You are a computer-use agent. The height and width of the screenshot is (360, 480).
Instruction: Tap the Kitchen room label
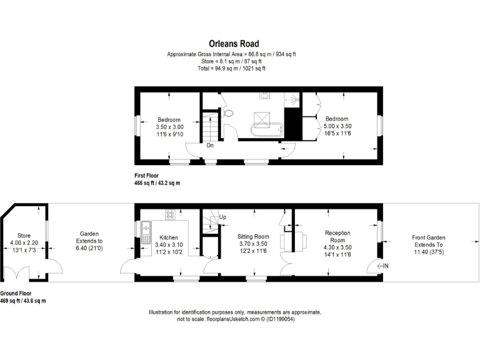169,237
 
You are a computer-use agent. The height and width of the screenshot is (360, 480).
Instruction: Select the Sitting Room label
253,237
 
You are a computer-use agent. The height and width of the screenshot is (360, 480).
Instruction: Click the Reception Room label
337,236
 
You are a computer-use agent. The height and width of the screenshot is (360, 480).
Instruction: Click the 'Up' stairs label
223,217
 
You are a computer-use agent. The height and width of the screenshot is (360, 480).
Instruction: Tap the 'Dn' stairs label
211,146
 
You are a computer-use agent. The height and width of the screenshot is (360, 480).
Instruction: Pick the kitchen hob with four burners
169,214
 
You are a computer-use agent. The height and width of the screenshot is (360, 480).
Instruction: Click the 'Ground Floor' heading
16,293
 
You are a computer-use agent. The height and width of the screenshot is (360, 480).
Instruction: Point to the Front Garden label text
429,237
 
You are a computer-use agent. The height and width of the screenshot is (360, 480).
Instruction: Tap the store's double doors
16,274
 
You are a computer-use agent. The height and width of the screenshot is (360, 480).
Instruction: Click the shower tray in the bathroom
292,99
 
